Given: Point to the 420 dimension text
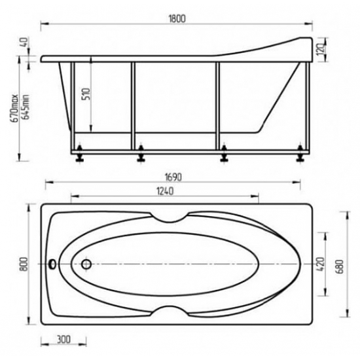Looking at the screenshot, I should pos(319,264).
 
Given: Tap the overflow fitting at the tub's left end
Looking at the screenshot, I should pos(53,265).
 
